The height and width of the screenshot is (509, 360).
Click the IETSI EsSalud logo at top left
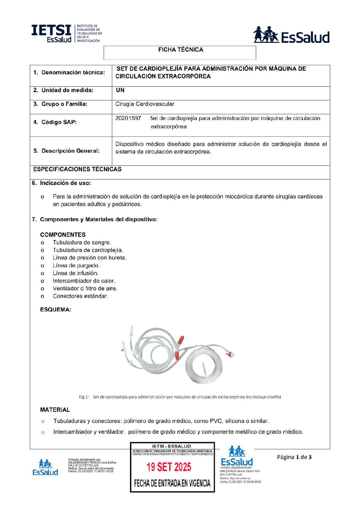(66, 33)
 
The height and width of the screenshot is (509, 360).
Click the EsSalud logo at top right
(291, 35)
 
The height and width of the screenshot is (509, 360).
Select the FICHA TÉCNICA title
(180, 50)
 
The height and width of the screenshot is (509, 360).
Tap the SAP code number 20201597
(128, 118)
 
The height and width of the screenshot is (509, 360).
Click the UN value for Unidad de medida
(120, 90)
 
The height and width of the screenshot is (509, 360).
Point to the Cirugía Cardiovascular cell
(145, 104)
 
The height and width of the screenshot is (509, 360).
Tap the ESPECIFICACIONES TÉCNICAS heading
(77, 169)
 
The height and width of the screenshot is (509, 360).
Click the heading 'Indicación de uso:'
(65, 183)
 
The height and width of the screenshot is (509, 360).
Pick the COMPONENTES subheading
(63, 235)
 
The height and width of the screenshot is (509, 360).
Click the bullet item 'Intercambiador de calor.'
(84, 281)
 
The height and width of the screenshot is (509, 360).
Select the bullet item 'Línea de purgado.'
(76, 266)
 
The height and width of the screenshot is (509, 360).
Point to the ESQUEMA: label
(55, 309)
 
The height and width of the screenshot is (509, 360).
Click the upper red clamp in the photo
(181, 340)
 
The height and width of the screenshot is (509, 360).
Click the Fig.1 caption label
(84, 397)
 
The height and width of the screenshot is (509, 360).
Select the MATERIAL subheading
(55, 410)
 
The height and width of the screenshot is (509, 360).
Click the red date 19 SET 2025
(169, 467)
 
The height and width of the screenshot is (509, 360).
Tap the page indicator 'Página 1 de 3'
(294, 457)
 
